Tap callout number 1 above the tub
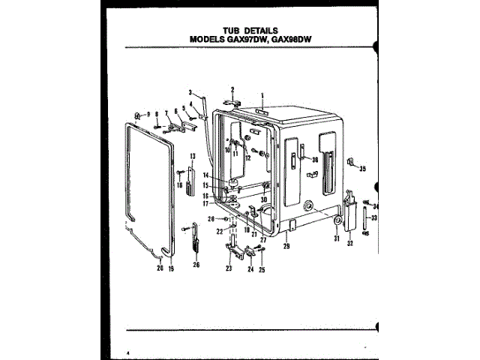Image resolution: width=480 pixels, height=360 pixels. [x=263, y=94]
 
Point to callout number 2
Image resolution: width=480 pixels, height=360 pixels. [x=232, y=89]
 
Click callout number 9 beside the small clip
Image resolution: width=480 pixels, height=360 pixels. [x=148, y=113]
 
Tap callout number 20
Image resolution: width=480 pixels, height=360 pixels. [x=159, y=267]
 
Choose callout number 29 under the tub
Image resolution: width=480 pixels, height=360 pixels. [x=286, y=245]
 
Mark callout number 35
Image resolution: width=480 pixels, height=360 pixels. [x=362, y=169]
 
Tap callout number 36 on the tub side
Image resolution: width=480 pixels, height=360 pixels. [x=315, y=159]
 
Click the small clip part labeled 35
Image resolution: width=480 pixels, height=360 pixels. [x=350, y=163]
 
